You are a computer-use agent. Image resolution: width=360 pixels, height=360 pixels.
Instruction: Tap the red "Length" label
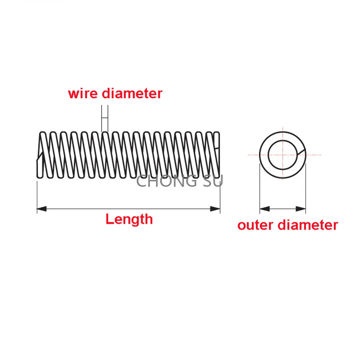tap(129, 219)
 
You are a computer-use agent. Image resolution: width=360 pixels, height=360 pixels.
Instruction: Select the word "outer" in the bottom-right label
tap(255, 225)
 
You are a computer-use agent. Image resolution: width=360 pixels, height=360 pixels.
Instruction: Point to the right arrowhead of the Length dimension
tap(216, 208)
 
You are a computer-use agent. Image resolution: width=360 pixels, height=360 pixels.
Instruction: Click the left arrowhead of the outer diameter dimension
tap(264, 209)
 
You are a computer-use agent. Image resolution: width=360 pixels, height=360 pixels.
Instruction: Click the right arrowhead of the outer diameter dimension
tap(301, 209)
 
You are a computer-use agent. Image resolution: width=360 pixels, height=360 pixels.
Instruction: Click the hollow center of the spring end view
tap(282, 154)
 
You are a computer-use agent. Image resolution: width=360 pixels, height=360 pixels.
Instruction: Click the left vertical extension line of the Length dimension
tap(37, 193)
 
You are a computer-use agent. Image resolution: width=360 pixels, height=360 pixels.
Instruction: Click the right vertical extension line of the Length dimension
tap(220, 193)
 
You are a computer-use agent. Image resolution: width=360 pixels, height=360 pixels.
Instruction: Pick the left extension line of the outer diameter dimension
tap(260, 189)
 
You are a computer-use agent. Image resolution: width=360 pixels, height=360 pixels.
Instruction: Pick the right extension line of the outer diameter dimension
tap(306, 189)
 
